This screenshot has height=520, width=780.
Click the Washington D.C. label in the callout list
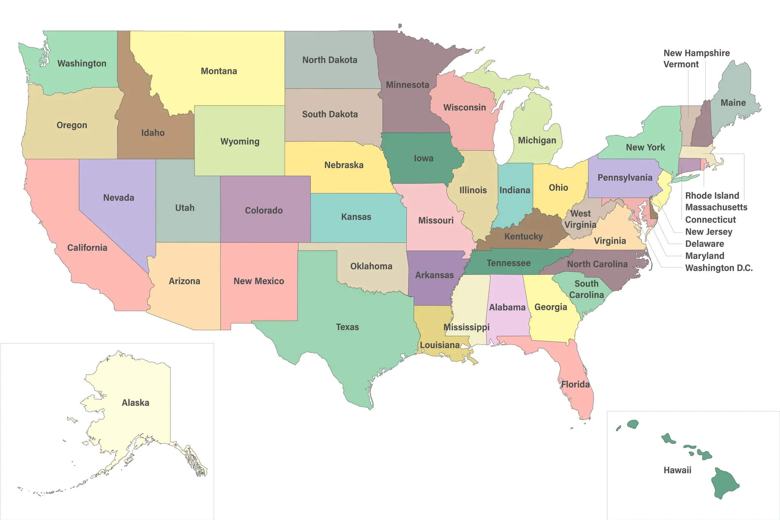(x=719, y=268)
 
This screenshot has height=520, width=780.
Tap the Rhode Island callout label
(x=712, y=196)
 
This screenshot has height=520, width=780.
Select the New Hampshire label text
(x=697, y=53)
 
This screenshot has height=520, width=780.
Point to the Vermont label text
(x=681, y=64)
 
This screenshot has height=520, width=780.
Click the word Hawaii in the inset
(x=677, y=470)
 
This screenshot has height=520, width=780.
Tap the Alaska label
(x=135, y=403)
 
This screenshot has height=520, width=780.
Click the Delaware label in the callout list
(x=704, y=244)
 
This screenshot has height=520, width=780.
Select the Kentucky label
(x=523, y=236)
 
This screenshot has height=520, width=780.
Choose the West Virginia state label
(x=580, y=219)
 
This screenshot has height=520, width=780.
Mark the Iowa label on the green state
(x=423, y=159)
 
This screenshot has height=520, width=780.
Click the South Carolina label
(x=586, y=289)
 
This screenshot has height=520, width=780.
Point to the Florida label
(x=575, y=385)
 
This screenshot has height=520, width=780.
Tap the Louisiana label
(x=439, y=345)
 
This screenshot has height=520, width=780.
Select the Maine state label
(x=733, y=103)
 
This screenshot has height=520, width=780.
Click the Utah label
(x=185, y=208)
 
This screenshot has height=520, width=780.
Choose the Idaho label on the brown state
(x=153, y=133)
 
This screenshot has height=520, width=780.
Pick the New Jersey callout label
(x=708, y=232)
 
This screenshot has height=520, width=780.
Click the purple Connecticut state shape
(x=689, y=164)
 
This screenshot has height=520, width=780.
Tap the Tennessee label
(x=508, y=263)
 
